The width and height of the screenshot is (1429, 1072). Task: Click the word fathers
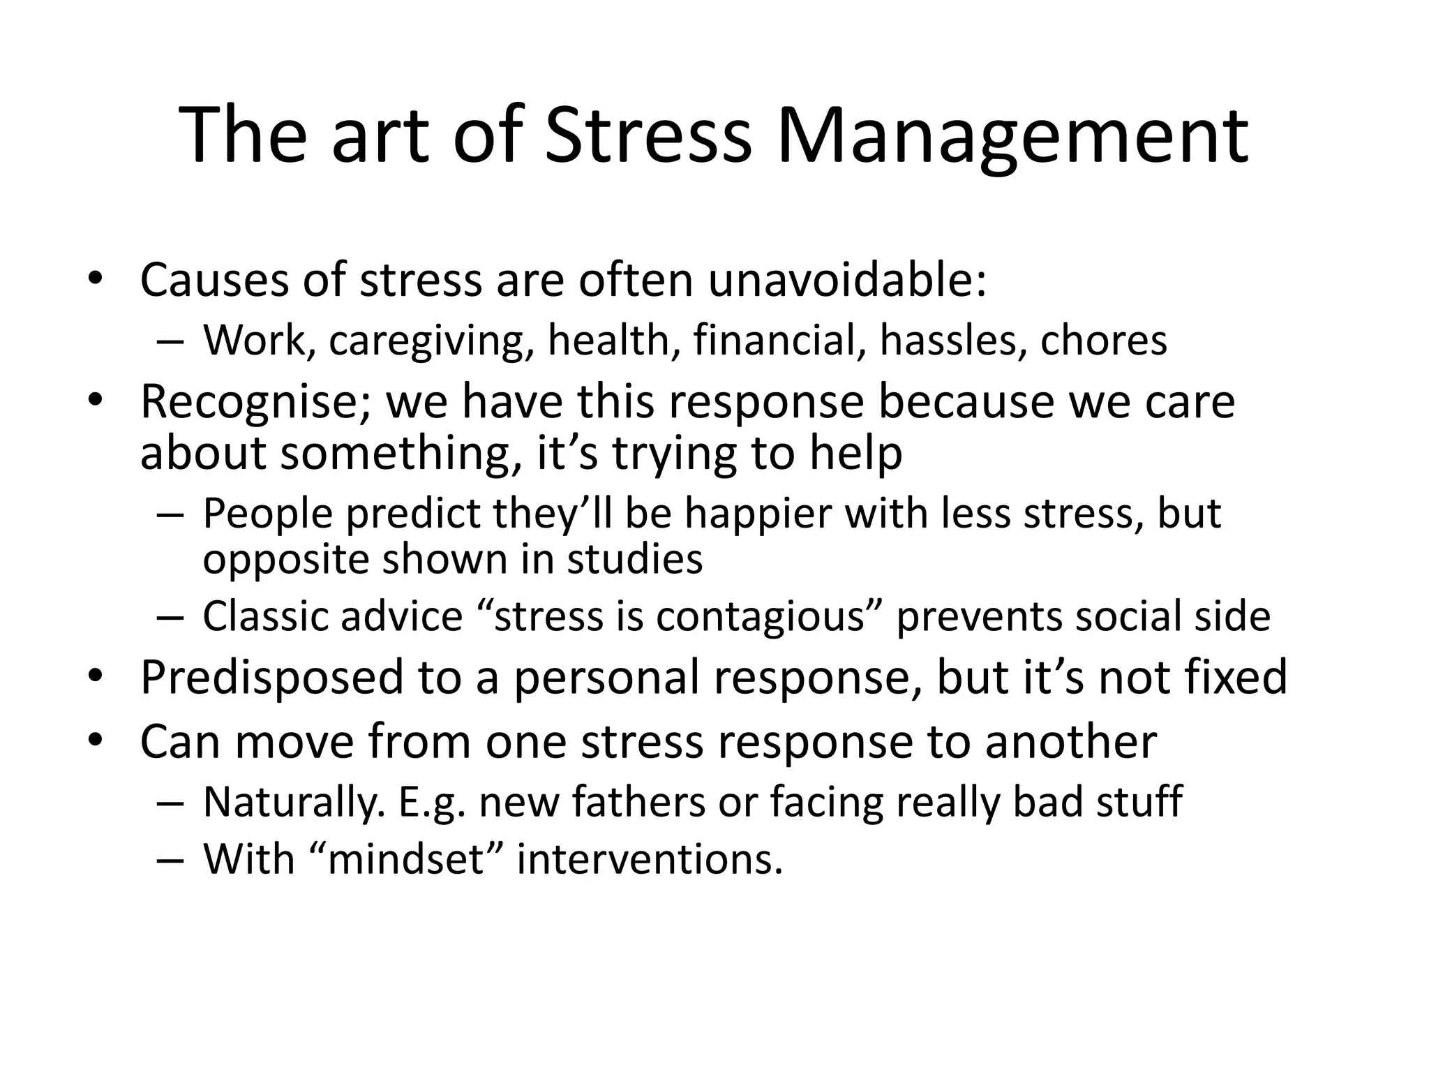point(639,801)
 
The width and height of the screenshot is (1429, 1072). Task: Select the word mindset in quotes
point(405,858)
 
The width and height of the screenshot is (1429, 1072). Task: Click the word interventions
point(649,858)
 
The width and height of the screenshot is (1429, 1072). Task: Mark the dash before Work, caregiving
point(171,342)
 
